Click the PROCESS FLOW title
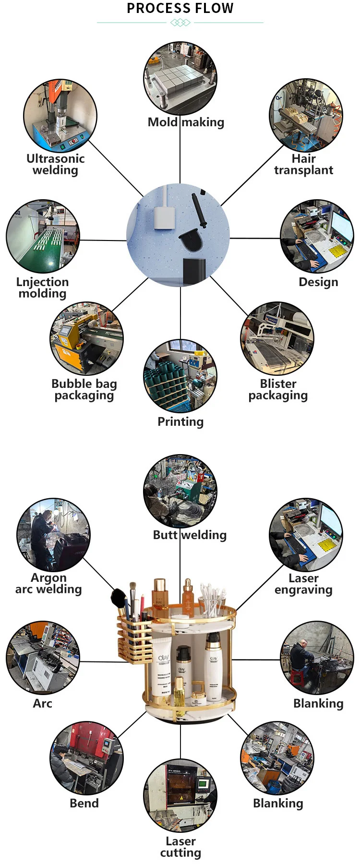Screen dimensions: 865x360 [180, 8]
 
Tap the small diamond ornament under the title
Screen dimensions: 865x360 [180, 23]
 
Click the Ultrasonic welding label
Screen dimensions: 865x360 [55, 164]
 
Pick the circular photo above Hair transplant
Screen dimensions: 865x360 [306, 116]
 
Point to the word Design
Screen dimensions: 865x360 [318, 282]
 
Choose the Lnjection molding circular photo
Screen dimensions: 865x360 [43, 237]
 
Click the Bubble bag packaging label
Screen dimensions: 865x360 [84, 389]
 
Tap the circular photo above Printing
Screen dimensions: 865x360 [180, 376]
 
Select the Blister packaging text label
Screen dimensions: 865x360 [278, 389]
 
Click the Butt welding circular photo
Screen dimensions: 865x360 [180, 491]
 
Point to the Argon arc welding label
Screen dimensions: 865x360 [48, 583]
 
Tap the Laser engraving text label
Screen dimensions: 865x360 [303, 584]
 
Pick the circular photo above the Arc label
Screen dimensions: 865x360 [43, 658]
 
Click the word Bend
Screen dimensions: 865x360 [84, 803]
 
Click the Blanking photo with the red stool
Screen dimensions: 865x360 [317, 658]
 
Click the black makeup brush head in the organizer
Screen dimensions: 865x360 [118, 598]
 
